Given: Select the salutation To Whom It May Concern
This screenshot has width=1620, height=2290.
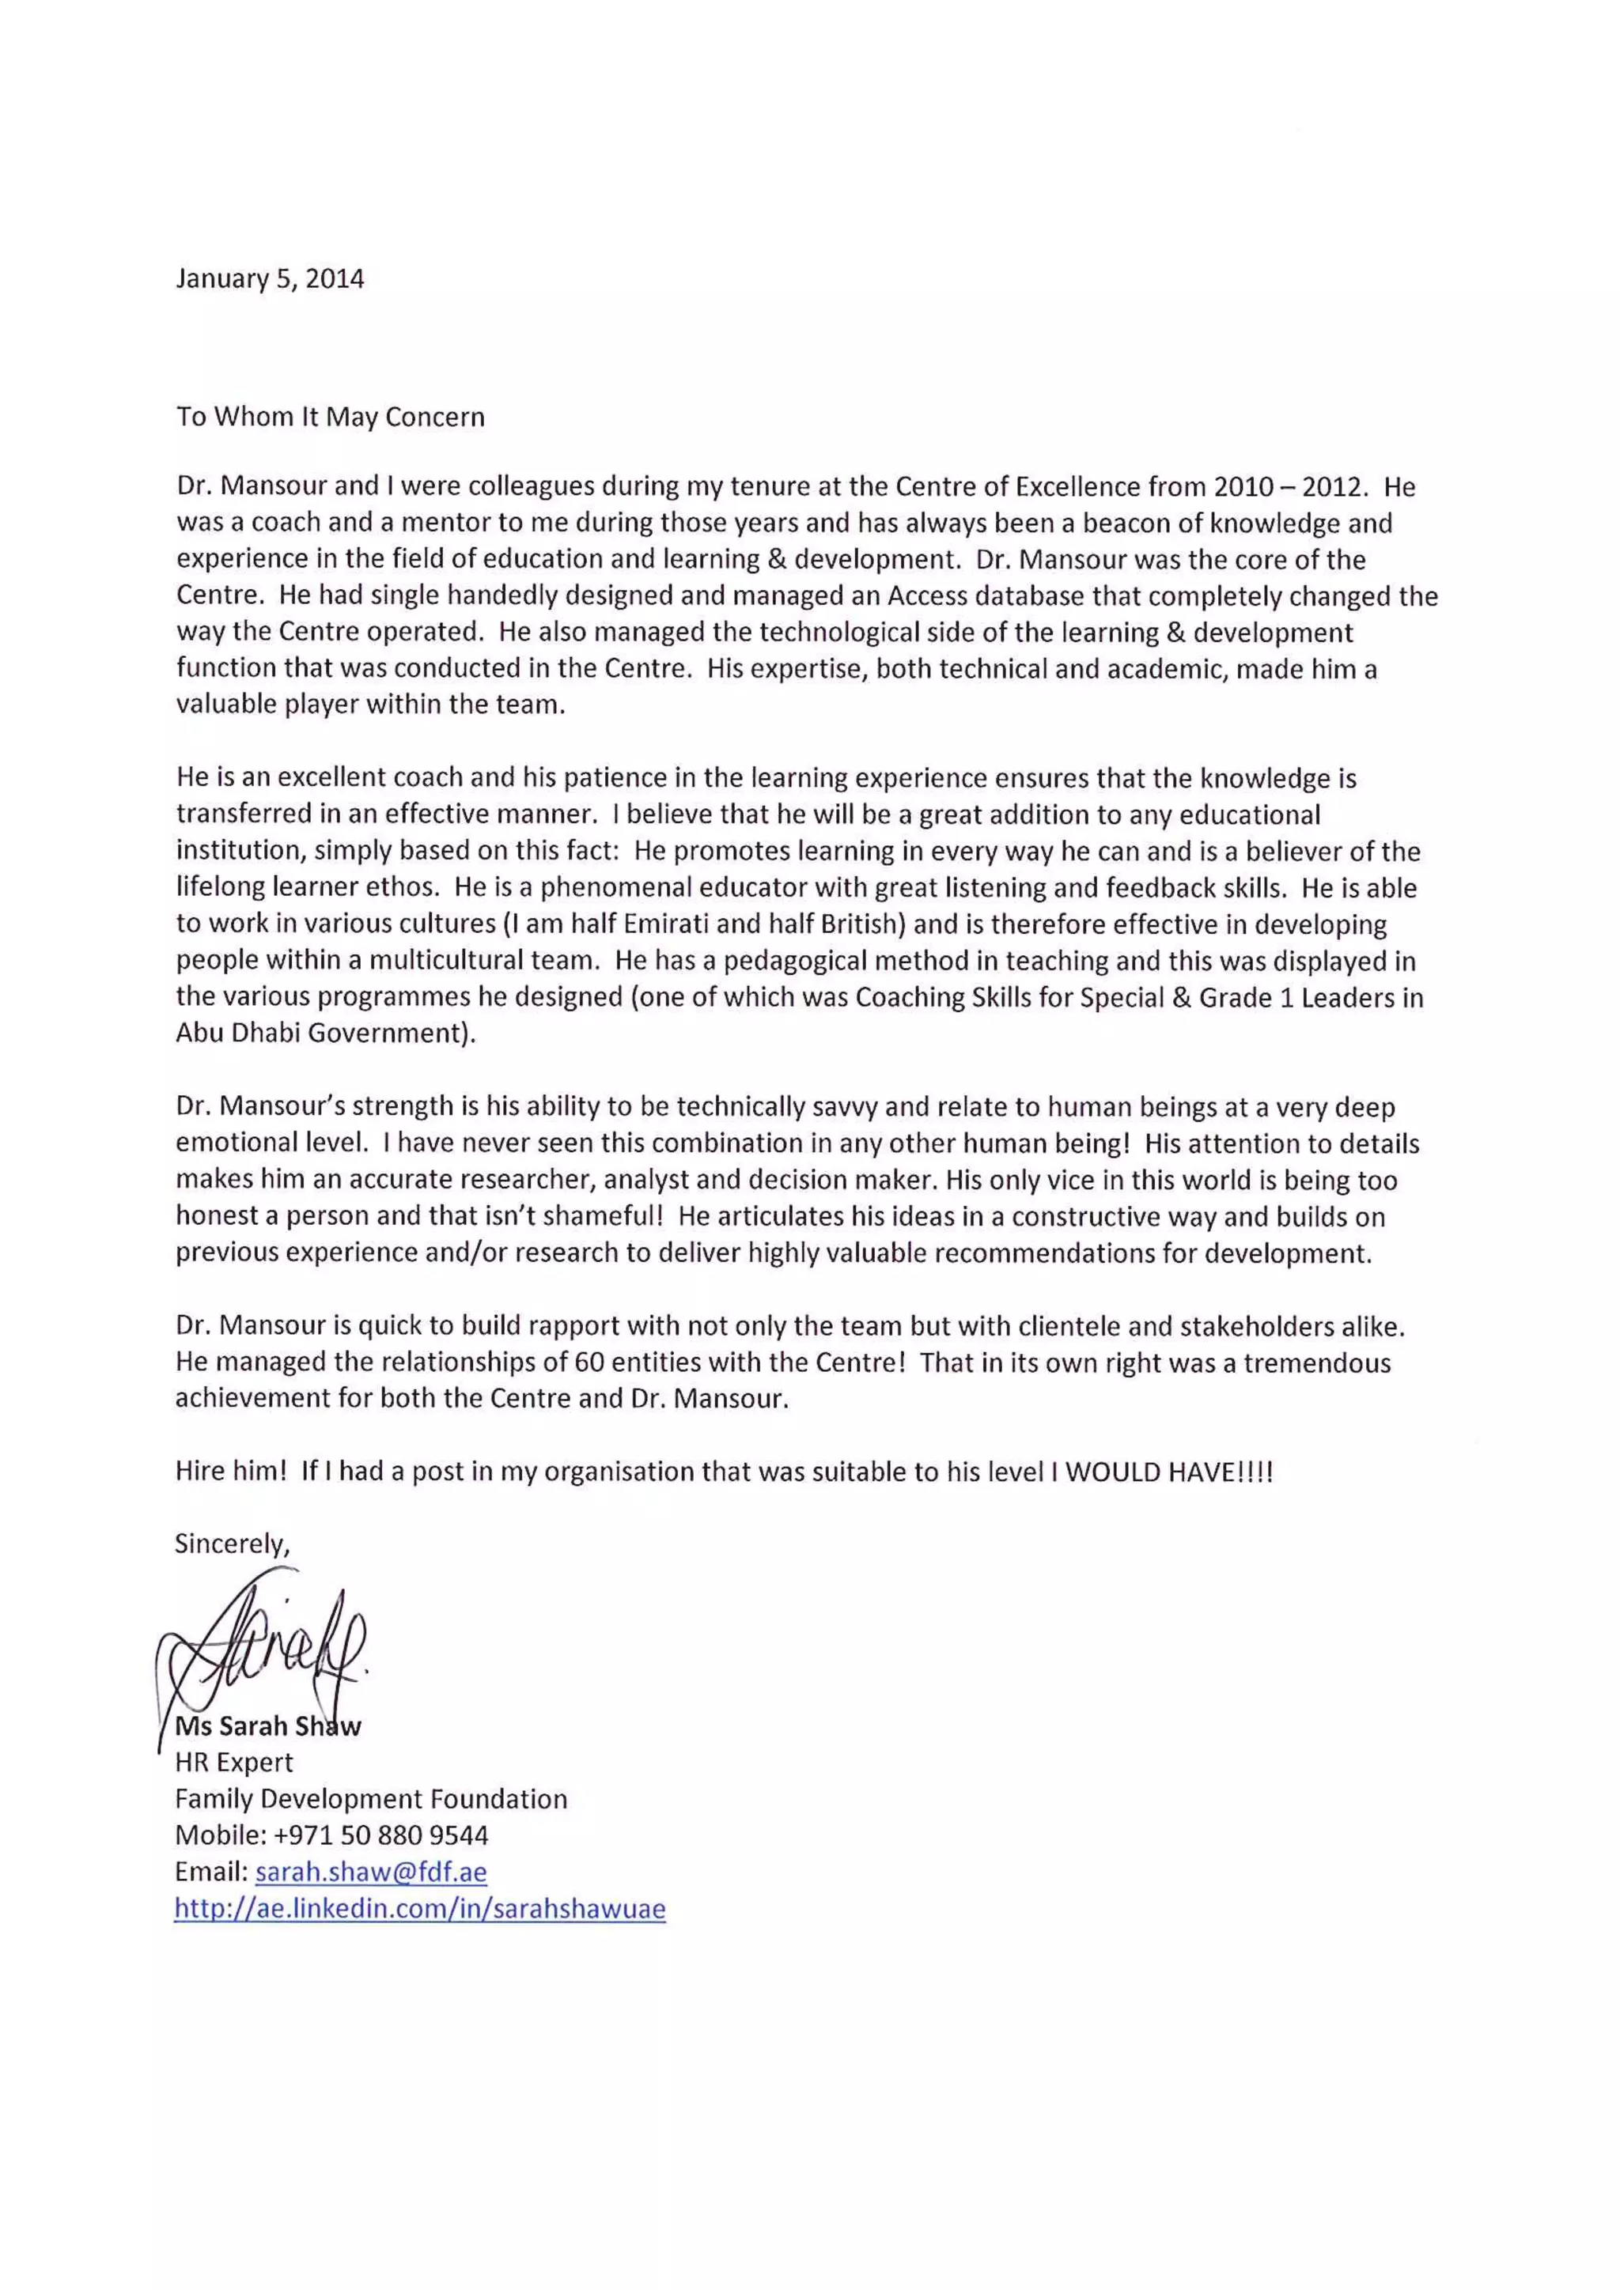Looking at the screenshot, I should (x=330, y=417).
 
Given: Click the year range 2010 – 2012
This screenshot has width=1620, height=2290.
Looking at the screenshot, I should (x=1287, y=488).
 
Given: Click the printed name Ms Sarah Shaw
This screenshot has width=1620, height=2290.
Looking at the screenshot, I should (x=267, y=1726).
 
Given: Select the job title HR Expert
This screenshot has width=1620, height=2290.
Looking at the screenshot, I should (x=233, y=1763).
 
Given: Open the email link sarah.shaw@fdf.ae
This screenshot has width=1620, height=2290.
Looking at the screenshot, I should (x=371, y=1872).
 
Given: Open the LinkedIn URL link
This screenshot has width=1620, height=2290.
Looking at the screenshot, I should (x=419, y=1909).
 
